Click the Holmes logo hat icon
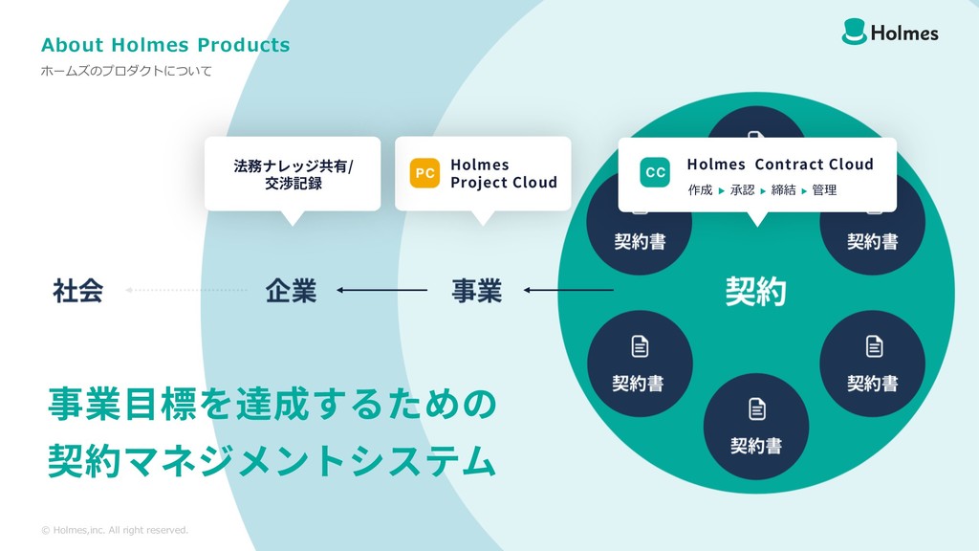pyautogui.click(x=855, y=32)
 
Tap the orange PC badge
pyautogui.click(x=424, y=173)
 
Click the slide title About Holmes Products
pyautogui.click(x=165, y=45)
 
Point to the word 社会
pyautogui.click(x=77, y=290)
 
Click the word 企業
pyautogui.click(x=291, y=290)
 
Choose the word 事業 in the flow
pyautogui.click(x=476, y=290)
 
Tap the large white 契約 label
pyautogui.click(x=756, y=290)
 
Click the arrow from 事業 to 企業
pyautogui.click(x=381, y=290)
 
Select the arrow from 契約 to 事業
pyautogui.click(x=569, y=290)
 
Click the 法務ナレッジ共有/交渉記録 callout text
pyautogui.click(x=293, y=174)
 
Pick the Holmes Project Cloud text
pyautogui.click(x=503, y=173)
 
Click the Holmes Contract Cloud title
pyautogui.click(x=779, y=164)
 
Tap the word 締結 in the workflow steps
pyautogui.click(x=783, y=190)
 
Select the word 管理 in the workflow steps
pyautogui.click(x=824, y=190)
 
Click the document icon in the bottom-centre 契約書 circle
pyautogui.click(x=756, y=410)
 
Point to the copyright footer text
pyautogui.click(x=115, y=530)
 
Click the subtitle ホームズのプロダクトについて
pyautogui.click(x=126, y=71)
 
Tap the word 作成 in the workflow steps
pyautogui.click(x=700, y=190)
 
